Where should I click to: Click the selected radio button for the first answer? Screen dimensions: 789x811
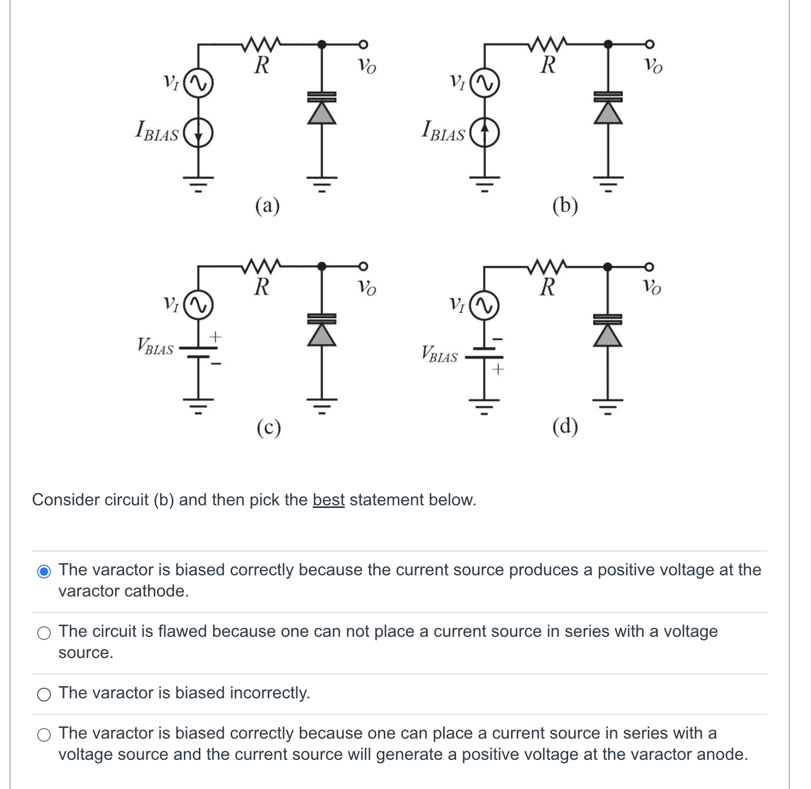point(44,571)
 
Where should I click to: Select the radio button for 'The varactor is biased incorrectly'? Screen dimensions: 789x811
point(44,694)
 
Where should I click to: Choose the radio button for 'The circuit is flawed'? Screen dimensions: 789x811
point(44,633)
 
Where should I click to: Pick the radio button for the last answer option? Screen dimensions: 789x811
point(44,734)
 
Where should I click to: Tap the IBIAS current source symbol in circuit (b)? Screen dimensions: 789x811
point(484,132)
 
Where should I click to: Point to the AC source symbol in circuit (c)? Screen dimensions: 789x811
point(198,305)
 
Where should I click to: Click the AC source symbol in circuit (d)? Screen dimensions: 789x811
point(484,306)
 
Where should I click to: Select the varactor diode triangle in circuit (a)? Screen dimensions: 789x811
point(322,112)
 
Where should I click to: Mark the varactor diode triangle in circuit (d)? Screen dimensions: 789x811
point(608,335)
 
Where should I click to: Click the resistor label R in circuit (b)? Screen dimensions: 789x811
point(548,65)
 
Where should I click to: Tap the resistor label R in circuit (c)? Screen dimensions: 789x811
point(262,287)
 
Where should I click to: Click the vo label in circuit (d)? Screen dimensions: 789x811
point(653,287)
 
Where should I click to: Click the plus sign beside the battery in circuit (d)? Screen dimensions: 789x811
point(497,369)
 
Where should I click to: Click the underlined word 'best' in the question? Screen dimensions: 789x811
point(328,499)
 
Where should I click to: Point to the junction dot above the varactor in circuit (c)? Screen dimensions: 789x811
point(322,266)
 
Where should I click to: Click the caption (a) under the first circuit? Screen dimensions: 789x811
point(267,205)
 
